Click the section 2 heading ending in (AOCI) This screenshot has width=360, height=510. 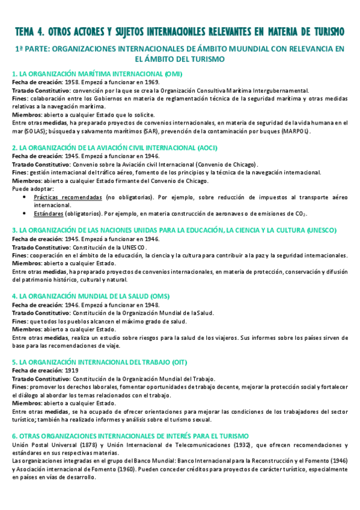[115, 147]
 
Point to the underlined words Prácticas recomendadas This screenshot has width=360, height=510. [68, 197]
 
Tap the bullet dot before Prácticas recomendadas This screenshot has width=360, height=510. [23, 197]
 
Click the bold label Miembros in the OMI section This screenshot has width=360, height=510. [25, 114]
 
